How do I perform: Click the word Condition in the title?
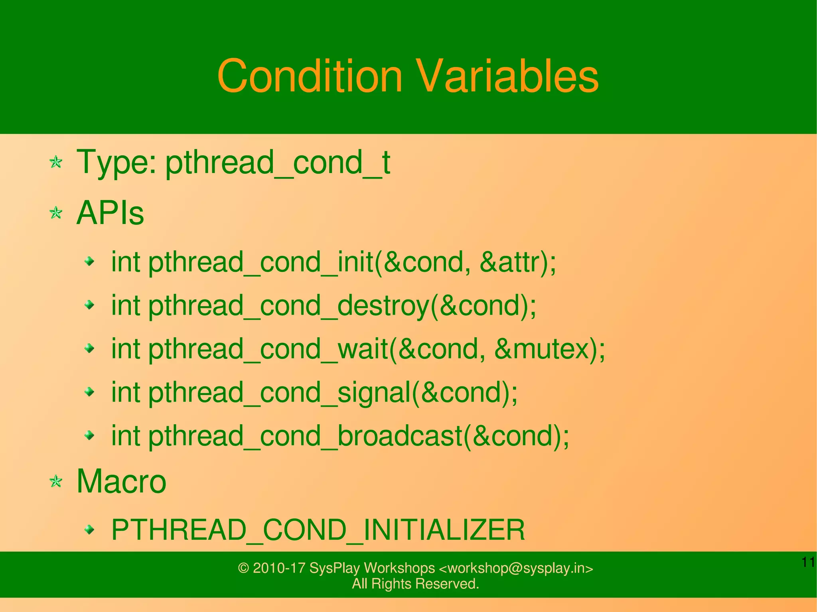coord(310,76)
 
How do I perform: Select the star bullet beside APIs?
coord(56,213)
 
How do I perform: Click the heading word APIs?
coord(110,213)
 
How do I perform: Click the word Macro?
coord(121,481)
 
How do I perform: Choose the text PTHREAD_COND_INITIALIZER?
coord(318,530)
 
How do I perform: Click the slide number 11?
coord(808,563)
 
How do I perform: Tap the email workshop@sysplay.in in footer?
coord(516,568)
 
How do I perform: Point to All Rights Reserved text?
coord(415,584)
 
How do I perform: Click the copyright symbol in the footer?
coord(243,568)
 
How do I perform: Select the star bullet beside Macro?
coord(56,482)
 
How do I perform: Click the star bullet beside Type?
coord(56,162)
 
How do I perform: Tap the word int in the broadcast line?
coord(125,436)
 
